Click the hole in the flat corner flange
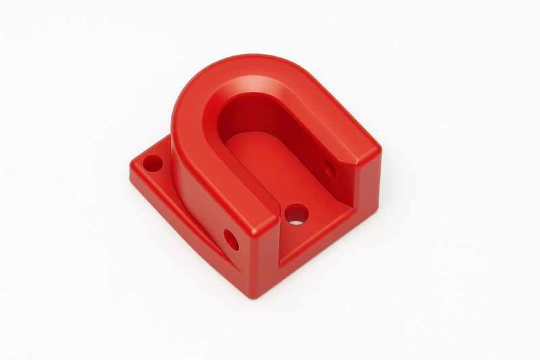(x=153, y=163)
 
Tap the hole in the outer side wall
(x=231, y=240)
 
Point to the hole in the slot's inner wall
(x=329, y=168)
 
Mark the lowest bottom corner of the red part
(x=251, y=297)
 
